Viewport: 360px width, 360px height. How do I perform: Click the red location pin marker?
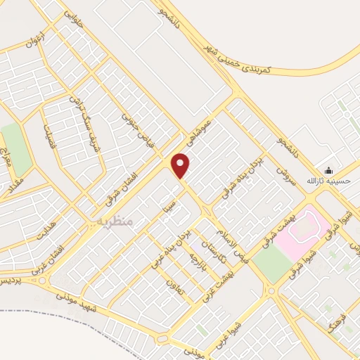coord(181,166)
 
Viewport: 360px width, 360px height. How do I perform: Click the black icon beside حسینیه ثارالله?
coord(328,170)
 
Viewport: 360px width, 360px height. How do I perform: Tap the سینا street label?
coord(167,205)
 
